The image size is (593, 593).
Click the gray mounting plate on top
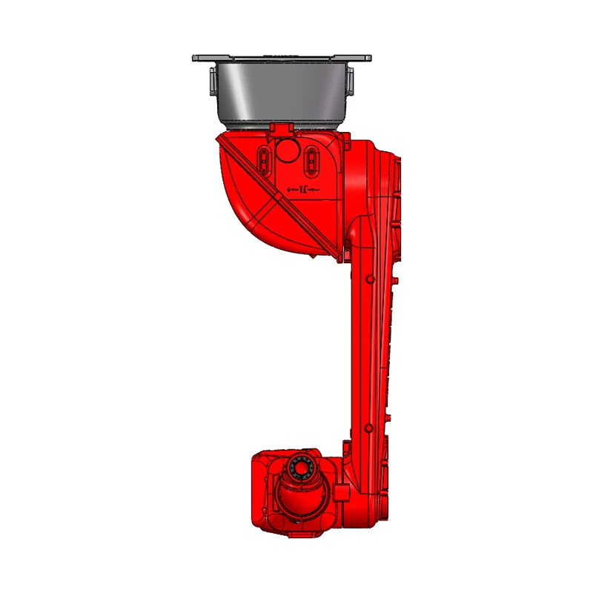click(x=282, y=58)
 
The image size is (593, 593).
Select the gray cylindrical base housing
click(x=282, y=93)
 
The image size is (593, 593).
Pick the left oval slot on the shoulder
click(x=264, y=158)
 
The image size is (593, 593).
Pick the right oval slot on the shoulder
click(x=312, y=159)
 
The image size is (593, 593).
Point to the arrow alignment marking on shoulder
click(x=302, y=191)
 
